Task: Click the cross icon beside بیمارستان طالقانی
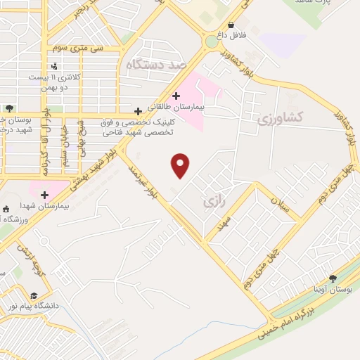coord(175,95)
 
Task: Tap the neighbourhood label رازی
coord(213,202)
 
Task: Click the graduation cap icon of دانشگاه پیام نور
coord(34,295)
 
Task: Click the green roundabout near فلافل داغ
coord(211,41)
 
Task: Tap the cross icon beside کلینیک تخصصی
coord(138,111)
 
